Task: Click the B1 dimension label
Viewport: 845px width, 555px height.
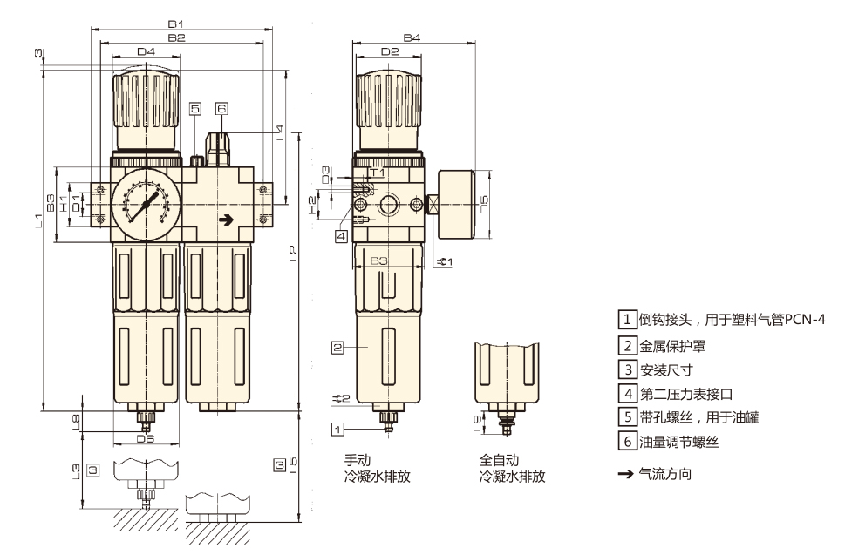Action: point(176,24)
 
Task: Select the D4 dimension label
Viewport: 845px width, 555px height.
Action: point(146,51)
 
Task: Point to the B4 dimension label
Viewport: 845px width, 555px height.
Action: point(412,37)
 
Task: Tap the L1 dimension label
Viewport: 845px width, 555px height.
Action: point(37,220)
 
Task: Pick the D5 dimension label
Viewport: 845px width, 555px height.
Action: point(484,204)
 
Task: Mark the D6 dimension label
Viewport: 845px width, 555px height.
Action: point(146,439)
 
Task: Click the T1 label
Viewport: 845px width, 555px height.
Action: point(378,173)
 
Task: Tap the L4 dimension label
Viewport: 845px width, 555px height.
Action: point(280,132)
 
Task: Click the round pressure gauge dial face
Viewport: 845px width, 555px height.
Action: point(146,205)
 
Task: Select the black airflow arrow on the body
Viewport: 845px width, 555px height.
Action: point(227,220)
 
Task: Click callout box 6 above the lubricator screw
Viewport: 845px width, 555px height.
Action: point(221,108)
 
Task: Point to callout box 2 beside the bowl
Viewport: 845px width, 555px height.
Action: point(337,348)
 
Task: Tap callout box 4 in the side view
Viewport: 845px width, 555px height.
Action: point(341,236)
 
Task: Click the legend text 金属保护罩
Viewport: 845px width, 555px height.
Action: point(672,346)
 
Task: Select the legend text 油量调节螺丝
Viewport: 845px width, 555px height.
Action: point(679,443)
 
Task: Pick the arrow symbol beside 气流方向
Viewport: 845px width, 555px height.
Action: point(625,474)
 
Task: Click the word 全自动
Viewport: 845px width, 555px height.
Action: point(499,460)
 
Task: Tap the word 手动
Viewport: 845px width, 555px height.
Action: point(358,460)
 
